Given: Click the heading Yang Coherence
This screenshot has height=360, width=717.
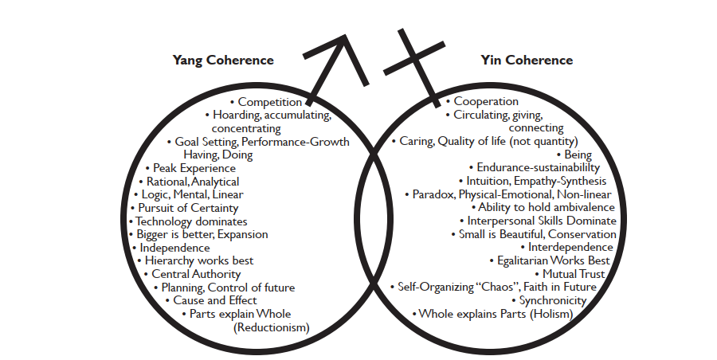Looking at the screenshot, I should pos(223,61).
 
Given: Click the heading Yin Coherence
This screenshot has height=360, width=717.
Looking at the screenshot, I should pos(527,61).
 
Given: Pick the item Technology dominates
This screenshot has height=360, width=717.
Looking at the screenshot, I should pos(191,221).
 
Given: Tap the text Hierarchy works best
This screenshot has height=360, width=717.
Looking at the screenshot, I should pos(199,260).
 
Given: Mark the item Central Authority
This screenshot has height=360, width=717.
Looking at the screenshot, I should pos(207,274).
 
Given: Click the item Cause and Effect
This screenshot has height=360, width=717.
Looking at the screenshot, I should pos(215,300).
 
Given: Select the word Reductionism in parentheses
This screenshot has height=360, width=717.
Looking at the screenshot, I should pos(271,327).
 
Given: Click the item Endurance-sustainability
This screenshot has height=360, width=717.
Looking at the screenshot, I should pos(538,168).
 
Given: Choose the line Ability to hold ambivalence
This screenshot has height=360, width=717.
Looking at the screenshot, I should pos(546,207).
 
